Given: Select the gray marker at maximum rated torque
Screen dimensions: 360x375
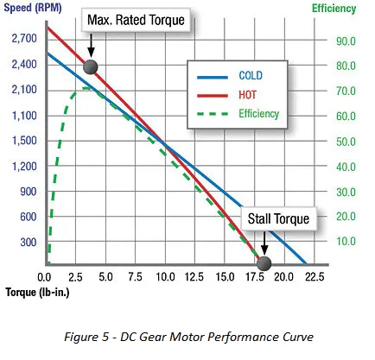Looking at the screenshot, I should point(91,67).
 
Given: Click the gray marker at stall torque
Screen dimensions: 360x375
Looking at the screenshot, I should point(264,262).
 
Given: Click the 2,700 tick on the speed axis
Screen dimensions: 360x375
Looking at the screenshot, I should point(23,40).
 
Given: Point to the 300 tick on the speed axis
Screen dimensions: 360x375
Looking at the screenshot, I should point(28,243).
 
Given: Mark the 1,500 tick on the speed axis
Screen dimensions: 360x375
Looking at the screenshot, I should point(23,141).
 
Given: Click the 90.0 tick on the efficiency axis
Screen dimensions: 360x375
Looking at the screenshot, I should point(346,41).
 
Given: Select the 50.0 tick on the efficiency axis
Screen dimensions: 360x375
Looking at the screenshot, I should point(346,142).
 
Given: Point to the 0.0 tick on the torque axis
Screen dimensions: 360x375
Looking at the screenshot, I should point(46,277).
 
